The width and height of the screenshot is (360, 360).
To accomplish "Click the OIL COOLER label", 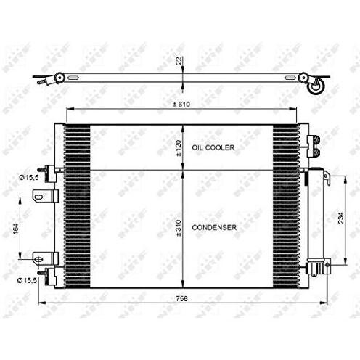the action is [x=213, y=147].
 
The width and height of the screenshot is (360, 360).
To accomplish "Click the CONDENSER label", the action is [x=214, y=227].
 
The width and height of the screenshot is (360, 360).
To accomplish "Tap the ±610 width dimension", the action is [x=181, y=105].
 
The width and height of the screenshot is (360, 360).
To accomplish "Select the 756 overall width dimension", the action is [x=181, y=299].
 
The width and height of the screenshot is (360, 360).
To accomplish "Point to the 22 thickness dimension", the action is [x=179, y=61].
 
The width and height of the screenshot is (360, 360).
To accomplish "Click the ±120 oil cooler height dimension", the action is [x=179, y=147].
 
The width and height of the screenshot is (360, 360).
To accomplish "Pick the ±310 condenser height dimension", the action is [x=179, y=228].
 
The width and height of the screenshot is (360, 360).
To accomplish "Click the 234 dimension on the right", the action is [x=340, y=218].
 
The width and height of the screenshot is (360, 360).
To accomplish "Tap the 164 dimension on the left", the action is [x=16, y=229].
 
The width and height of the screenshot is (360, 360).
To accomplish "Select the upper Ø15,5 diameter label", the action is [x=29, y=178].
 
